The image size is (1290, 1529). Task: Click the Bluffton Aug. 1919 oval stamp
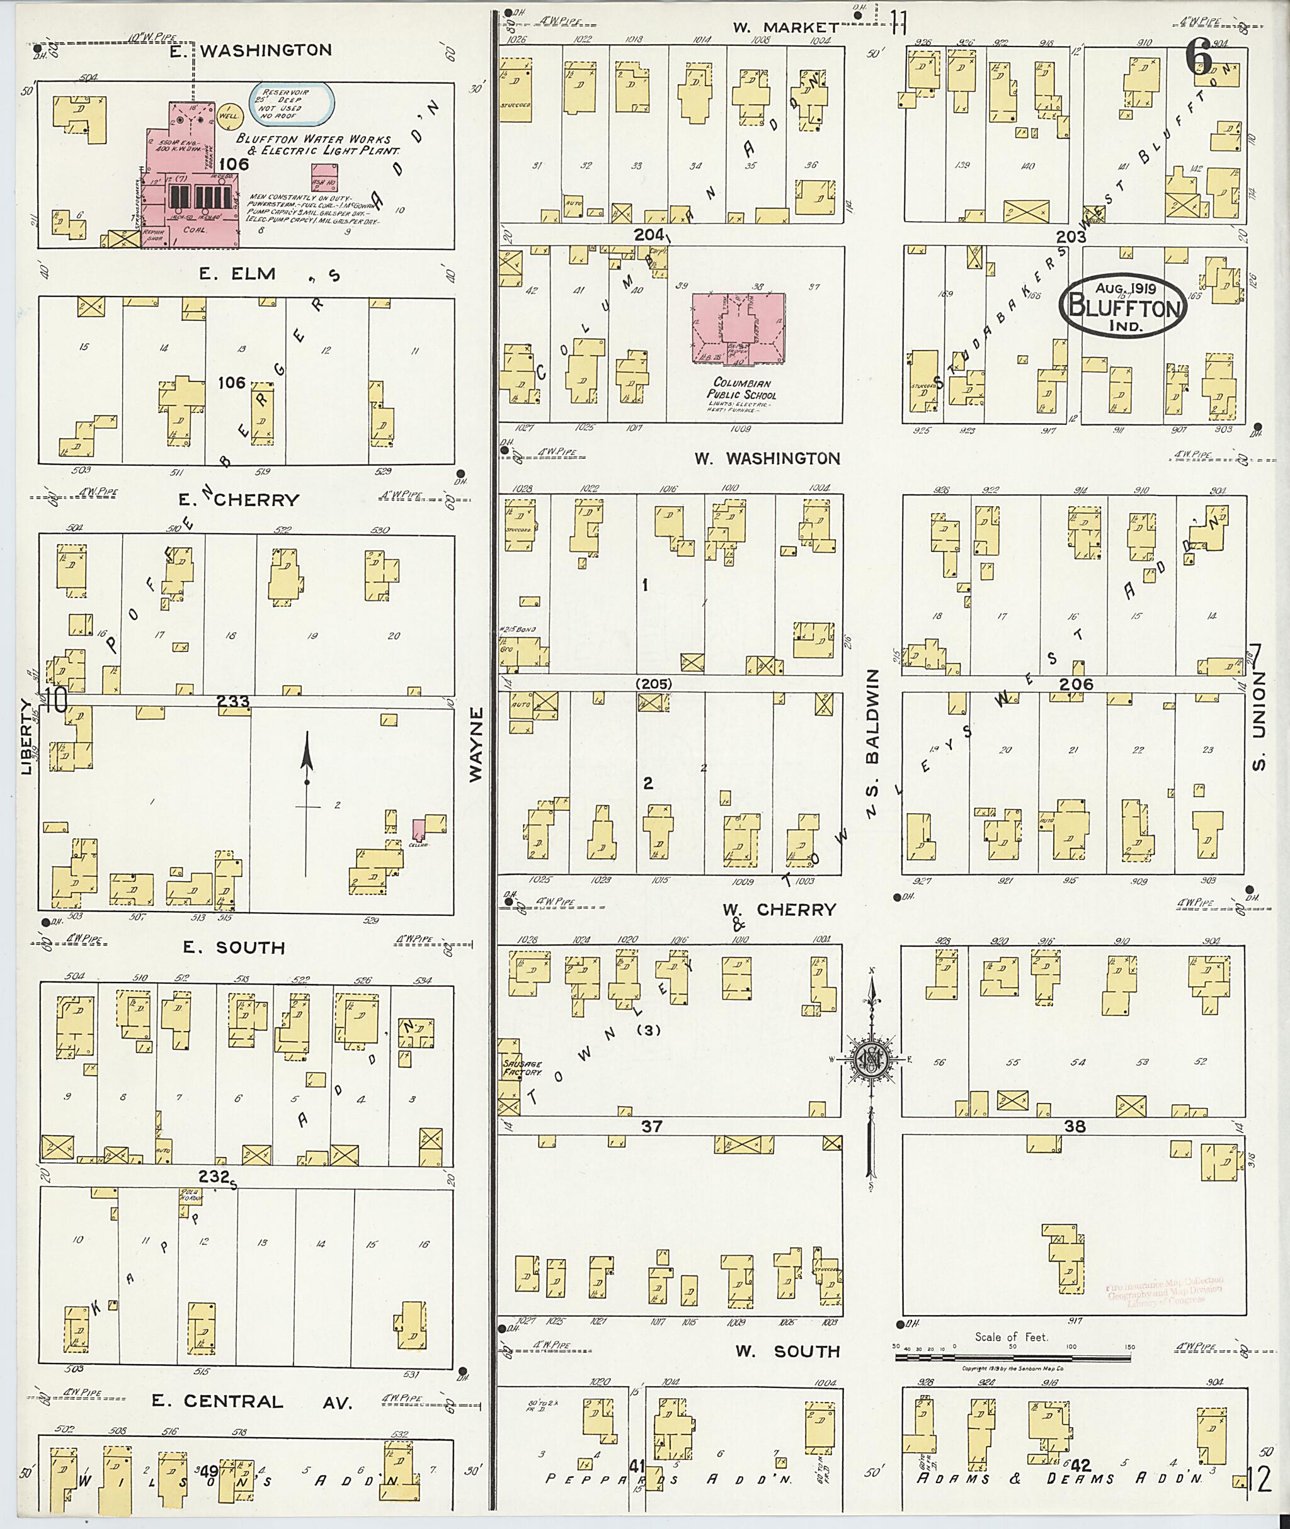[x=1122, y=307]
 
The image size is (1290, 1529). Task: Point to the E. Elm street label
[x=237, y=274]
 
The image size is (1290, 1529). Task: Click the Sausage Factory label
[x=522, y=1068]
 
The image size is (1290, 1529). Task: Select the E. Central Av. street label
[x=253, y=1401]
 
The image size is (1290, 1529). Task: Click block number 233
[x=233, y=702]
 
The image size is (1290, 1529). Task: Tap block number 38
[x=1075, y=1126]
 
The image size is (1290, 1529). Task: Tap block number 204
[x=649, y=235]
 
